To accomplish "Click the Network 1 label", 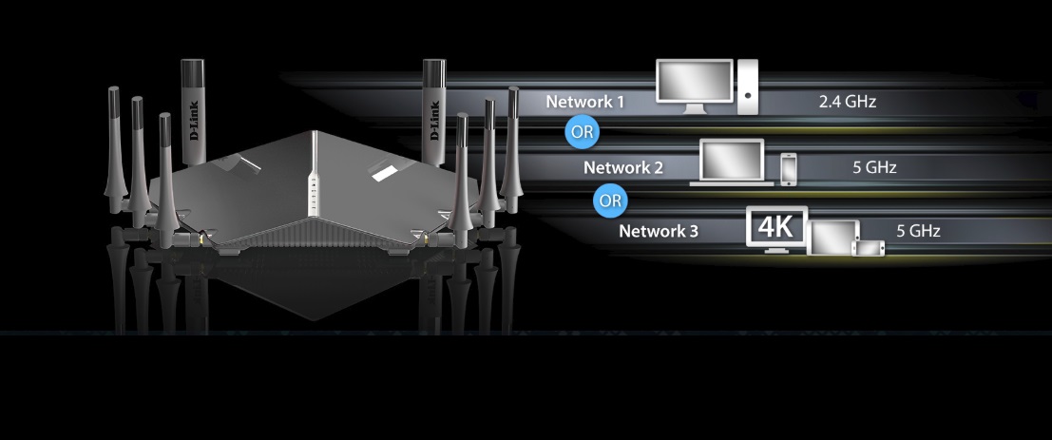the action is pyautogui.click(x=584, y=102).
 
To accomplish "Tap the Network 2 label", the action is pyautogui.click(x=622, y=167).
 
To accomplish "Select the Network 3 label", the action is pyautogui.click(x=659, y=231).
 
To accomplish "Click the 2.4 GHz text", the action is pyautogui.click(x=848, y=102).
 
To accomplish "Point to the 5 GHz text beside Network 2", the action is pyautogui.click(x=874, y=167).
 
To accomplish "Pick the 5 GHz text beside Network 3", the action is pyautogui.click(x=919, y=231).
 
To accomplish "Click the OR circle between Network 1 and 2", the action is pyautogui.click(x=582, y=131).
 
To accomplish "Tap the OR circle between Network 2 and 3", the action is pyautogui.click(x=610, y=201).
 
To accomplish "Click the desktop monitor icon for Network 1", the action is pyautogui.click(x=695, y=86).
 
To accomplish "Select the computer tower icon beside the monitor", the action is pyautogui.click(x=747, y=86).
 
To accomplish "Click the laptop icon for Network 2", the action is pyautogui.click(x=732, y=162).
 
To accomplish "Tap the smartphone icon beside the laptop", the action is pyautogui.click(x=789, y=169).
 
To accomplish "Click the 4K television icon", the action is pyautogui.click(x=776, y=229).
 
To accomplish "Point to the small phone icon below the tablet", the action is pyautogui.click(x=869, y=248).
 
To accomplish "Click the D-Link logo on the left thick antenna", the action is pyautogui.click(x=194, y=121).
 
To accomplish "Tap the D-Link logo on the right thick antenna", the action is pyautogui.click(x=434, y=121).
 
